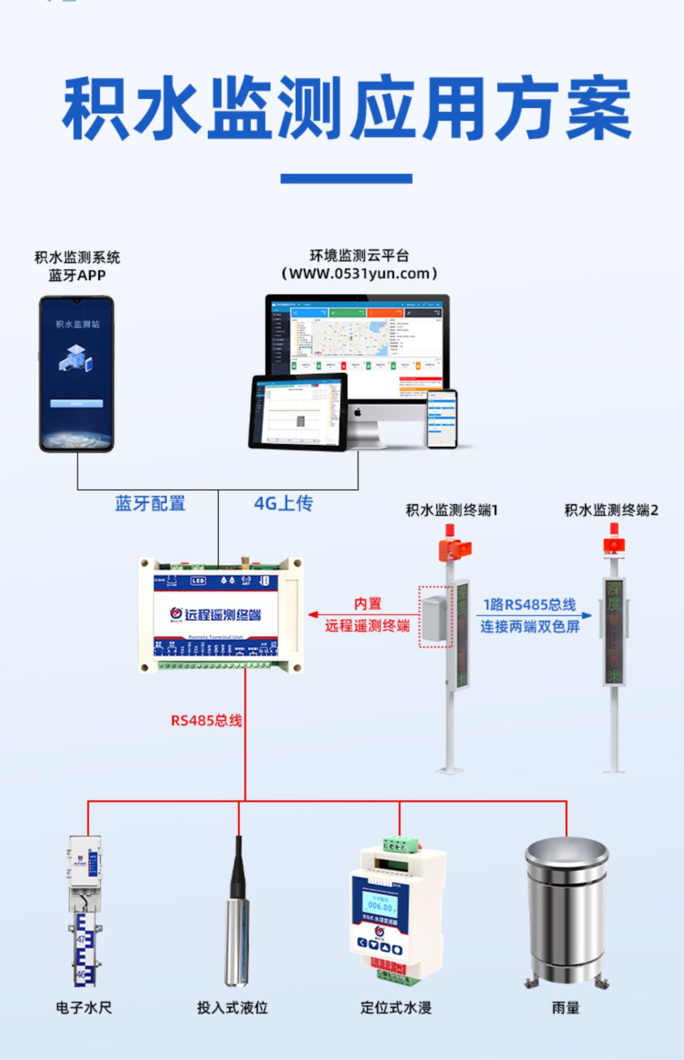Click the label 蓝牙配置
point(150,504)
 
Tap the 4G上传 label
point(283,503)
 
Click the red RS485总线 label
point(207,720)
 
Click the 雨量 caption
point(566,1008)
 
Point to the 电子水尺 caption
point(84,1008)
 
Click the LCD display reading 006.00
point(380,906)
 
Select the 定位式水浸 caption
point(396,1008)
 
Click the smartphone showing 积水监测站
point(77,374)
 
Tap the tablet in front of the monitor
point(298,411)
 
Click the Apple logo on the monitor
point(357,412)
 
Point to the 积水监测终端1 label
point(452,510)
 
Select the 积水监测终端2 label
point(611,510)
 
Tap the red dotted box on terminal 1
point(435,616)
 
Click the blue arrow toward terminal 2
point(587,615)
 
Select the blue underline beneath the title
point(346,178)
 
